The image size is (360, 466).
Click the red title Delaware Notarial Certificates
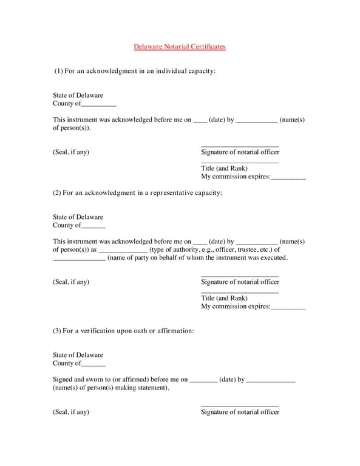[180, 46]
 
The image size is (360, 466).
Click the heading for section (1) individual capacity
[134, 71]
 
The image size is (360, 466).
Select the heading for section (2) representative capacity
[137, 192]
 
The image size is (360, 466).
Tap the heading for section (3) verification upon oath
[123, 331]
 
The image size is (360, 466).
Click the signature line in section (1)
[240, 146]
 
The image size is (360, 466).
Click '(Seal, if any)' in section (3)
[71, 412]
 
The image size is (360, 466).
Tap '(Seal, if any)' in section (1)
[71, 152]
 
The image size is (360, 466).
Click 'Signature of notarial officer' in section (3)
[240, 412]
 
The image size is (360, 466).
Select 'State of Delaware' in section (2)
[78, 217]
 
